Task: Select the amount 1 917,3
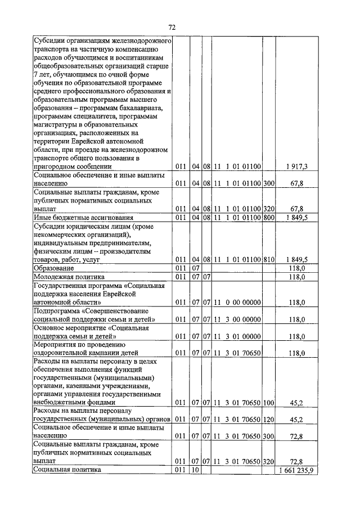coord(296,166)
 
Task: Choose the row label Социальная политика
coord(67,470)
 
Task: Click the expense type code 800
coord(268,218)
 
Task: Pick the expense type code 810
coord(268,259)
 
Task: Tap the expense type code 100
coord(268,402)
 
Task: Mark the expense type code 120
coord(268,420)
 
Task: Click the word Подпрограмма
coord(58,311)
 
